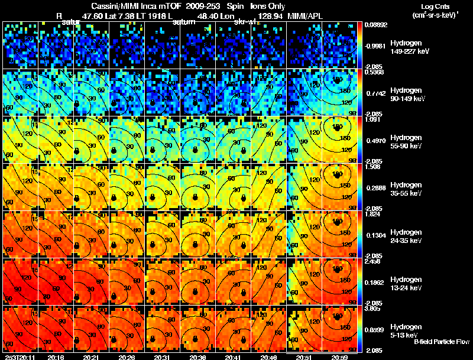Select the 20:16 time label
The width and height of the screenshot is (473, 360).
point(56,357)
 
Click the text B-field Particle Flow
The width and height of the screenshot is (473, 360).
point(441,342)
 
